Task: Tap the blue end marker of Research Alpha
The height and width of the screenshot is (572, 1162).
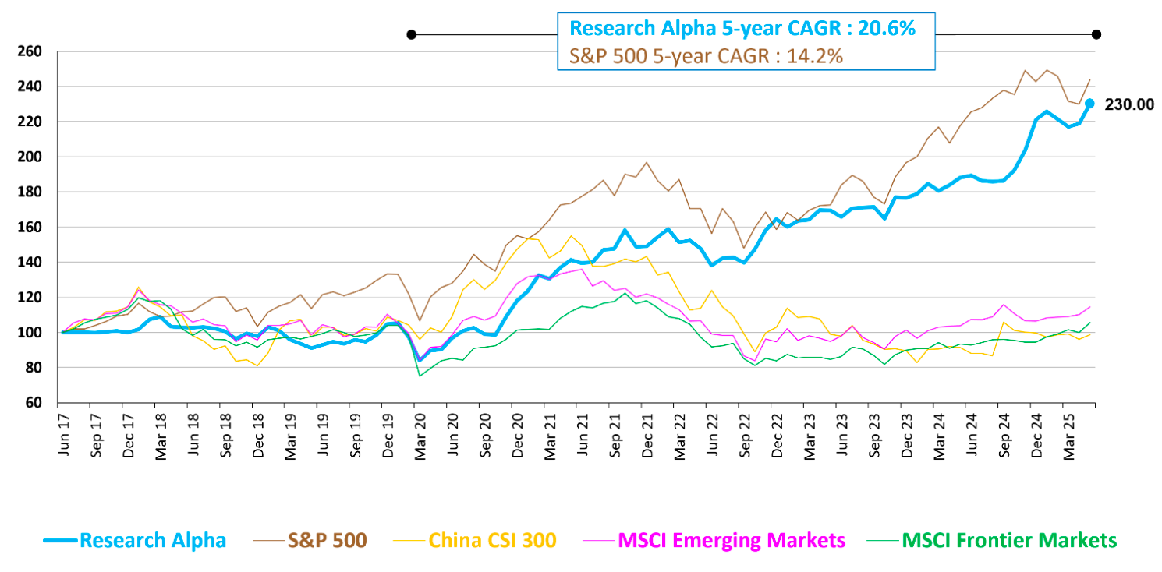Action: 1089,103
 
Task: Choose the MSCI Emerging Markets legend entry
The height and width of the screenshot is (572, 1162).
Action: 731,540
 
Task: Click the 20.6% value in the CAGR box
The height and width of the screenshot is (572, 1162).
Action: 885,28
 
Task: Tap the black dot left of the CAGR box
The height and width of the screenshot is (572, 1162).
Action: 411,34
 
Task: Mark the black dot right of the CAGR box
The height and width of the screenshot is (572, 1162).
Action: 1096,34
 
